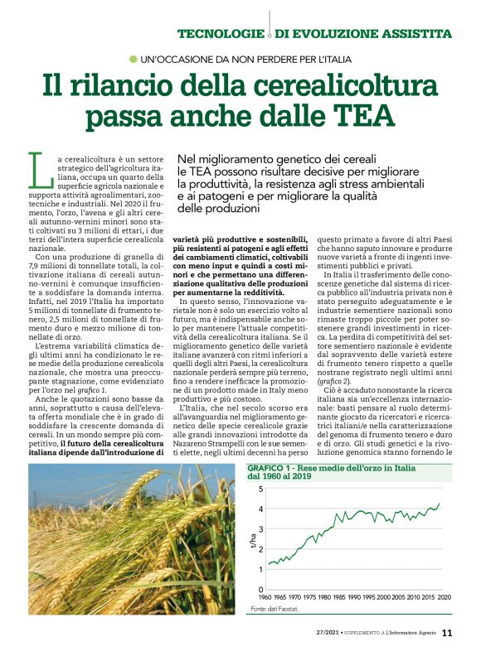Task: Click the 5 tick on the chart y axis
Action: pyautogui.click(x=261, y=490)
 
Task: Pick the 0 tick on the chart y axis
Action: pyautogui.click(x=261, y=589)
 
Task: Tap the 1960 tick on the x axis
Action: pyautogui.click(x=265, y=597)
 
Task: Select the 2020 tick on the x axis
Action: pyautogui.click(x=444, y=597)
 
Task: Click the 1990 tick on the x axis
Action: pyautogui.click(x=354, y=597)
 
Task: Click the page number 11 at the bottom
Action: pyautogui.click(x=447, y=634)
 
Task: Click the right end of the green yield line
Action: pyautogui.click(x=440, y=504)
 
